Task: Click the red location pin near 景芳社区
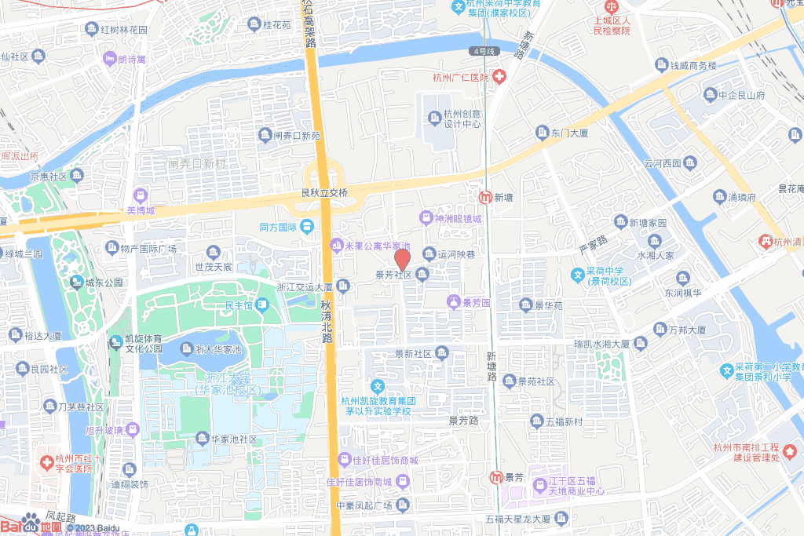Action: (x=402, y=259)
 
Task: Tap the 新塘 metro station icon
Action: (x=487, y=197)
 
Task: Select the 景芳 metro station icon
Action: (x=495, y=477)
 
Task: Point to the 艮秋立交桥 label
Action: (x=324, y=192)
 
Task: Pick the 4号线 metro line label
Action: (x=485, y=51)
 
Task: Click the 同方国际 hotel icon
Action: (x=306, y=227)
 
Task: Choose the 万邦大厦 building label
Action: (x=689, y=330)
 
